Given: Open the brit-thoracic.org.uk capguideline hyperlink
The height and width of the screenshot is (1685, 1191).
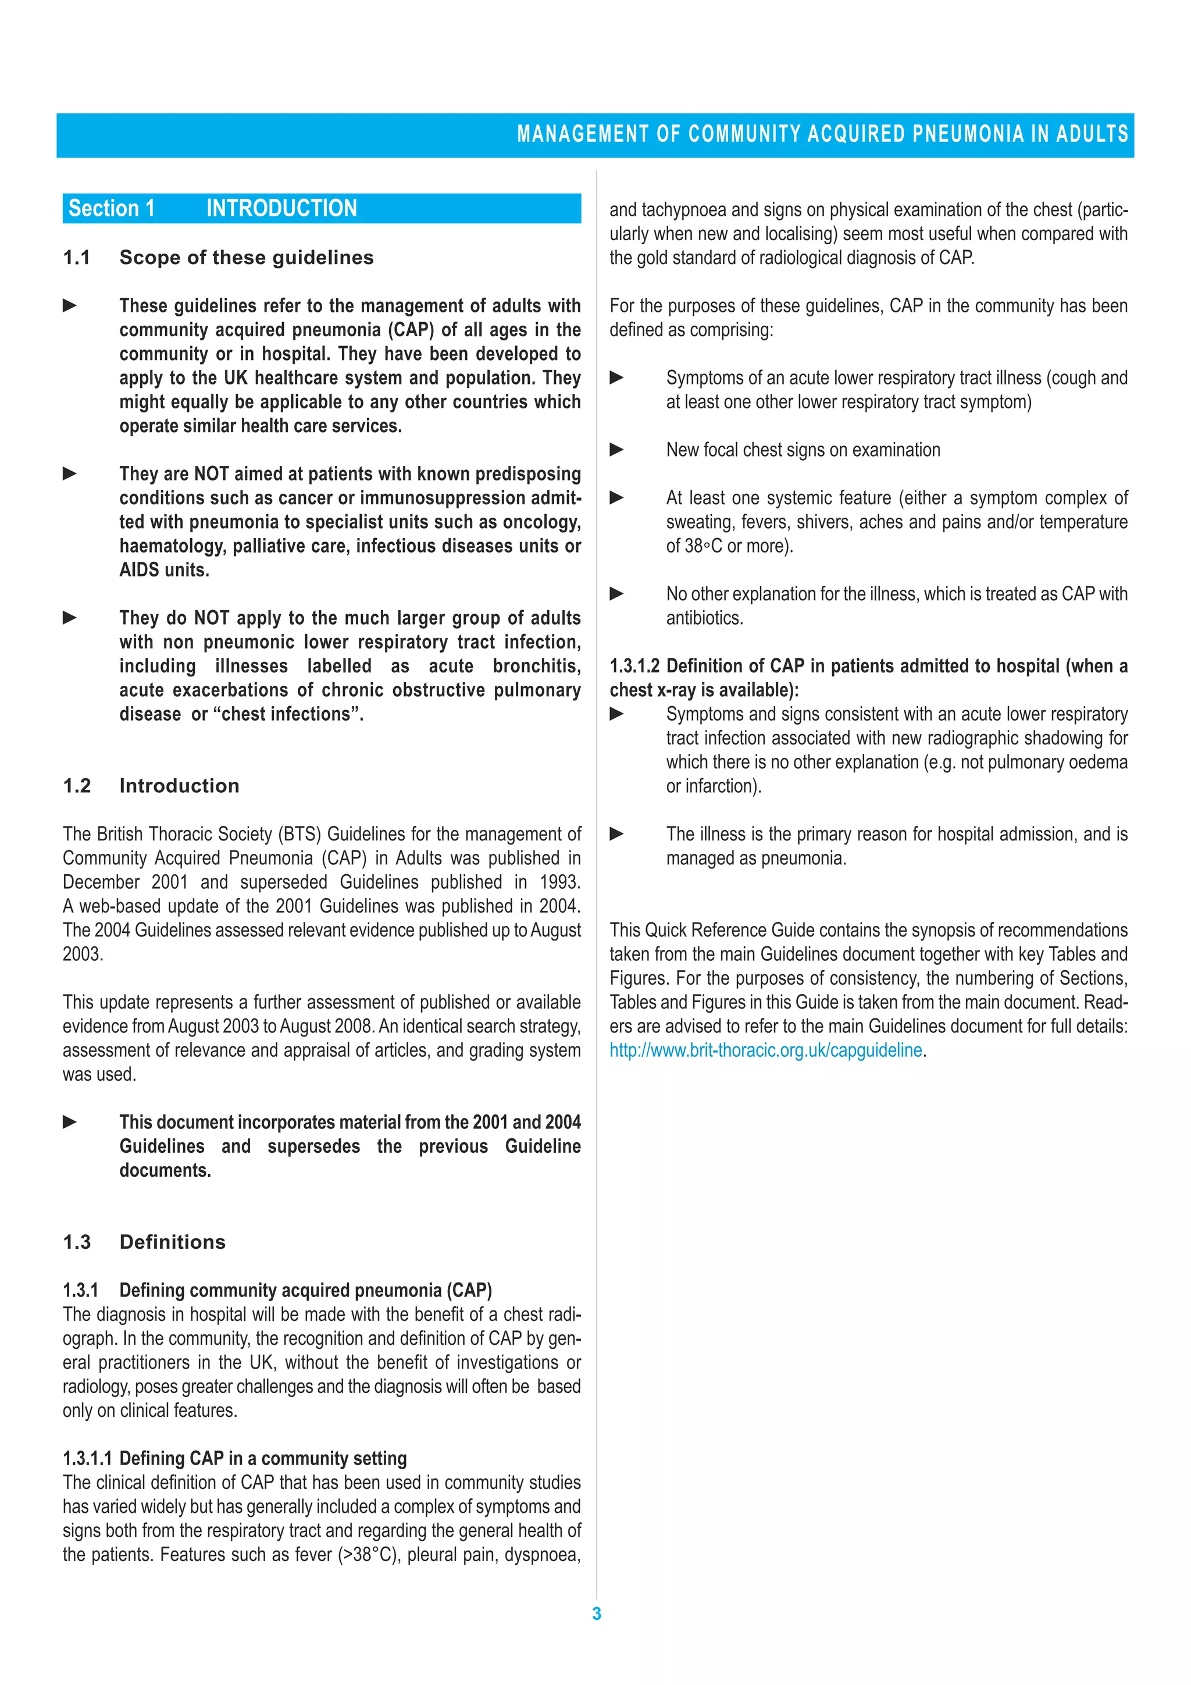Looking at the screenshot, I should pos(765,1050).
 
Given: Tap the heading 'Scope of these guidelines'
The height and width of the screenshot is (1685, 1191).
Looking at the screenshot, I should pos(246,258).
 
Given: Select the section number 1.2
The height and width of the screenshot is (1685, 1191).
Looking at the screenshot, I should pos(77,786).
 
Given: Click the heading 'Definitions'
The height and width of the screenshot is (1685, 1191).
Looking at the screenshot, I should pos(173,1242).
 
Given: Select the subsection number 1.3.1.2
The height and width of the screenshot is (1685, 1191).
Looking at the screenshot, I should pos(634,667).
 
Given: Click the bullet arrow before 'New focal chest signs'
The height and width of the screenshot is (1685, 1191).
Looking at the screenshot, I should pos(617,450).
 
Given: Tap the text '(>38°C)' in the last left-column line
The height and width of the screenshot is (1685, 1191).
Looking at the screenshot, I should pos(369,1555).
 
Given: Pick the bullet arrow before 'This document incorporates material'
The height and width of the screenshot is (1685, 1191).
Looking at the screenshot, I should pos(70,1122).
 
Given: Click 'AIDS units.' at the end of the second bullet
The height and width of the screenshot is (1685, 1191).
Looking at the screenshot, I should pos(165,570).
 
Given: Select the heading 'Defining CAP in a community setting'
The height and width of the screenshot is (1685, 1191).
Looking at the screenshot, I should pos(263,1458).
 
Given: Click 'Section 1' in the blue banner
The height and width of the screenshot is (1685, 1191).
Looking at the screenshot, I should pos(112,208).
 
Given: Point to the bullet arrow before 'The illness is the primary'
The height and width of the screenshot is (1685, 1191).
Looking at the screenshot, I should pos(617,833).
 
